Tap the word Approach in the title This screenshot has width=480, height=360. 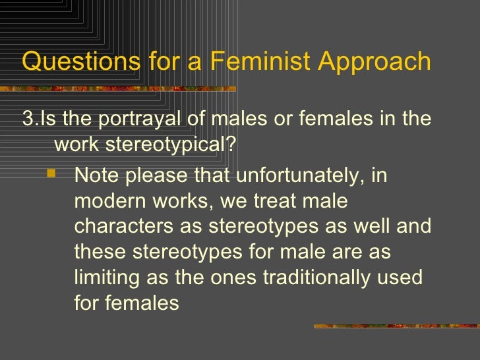375,61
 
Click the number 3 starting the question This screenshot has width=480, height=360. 27,119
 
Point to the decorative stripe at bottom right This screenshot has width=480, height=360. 396,326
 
